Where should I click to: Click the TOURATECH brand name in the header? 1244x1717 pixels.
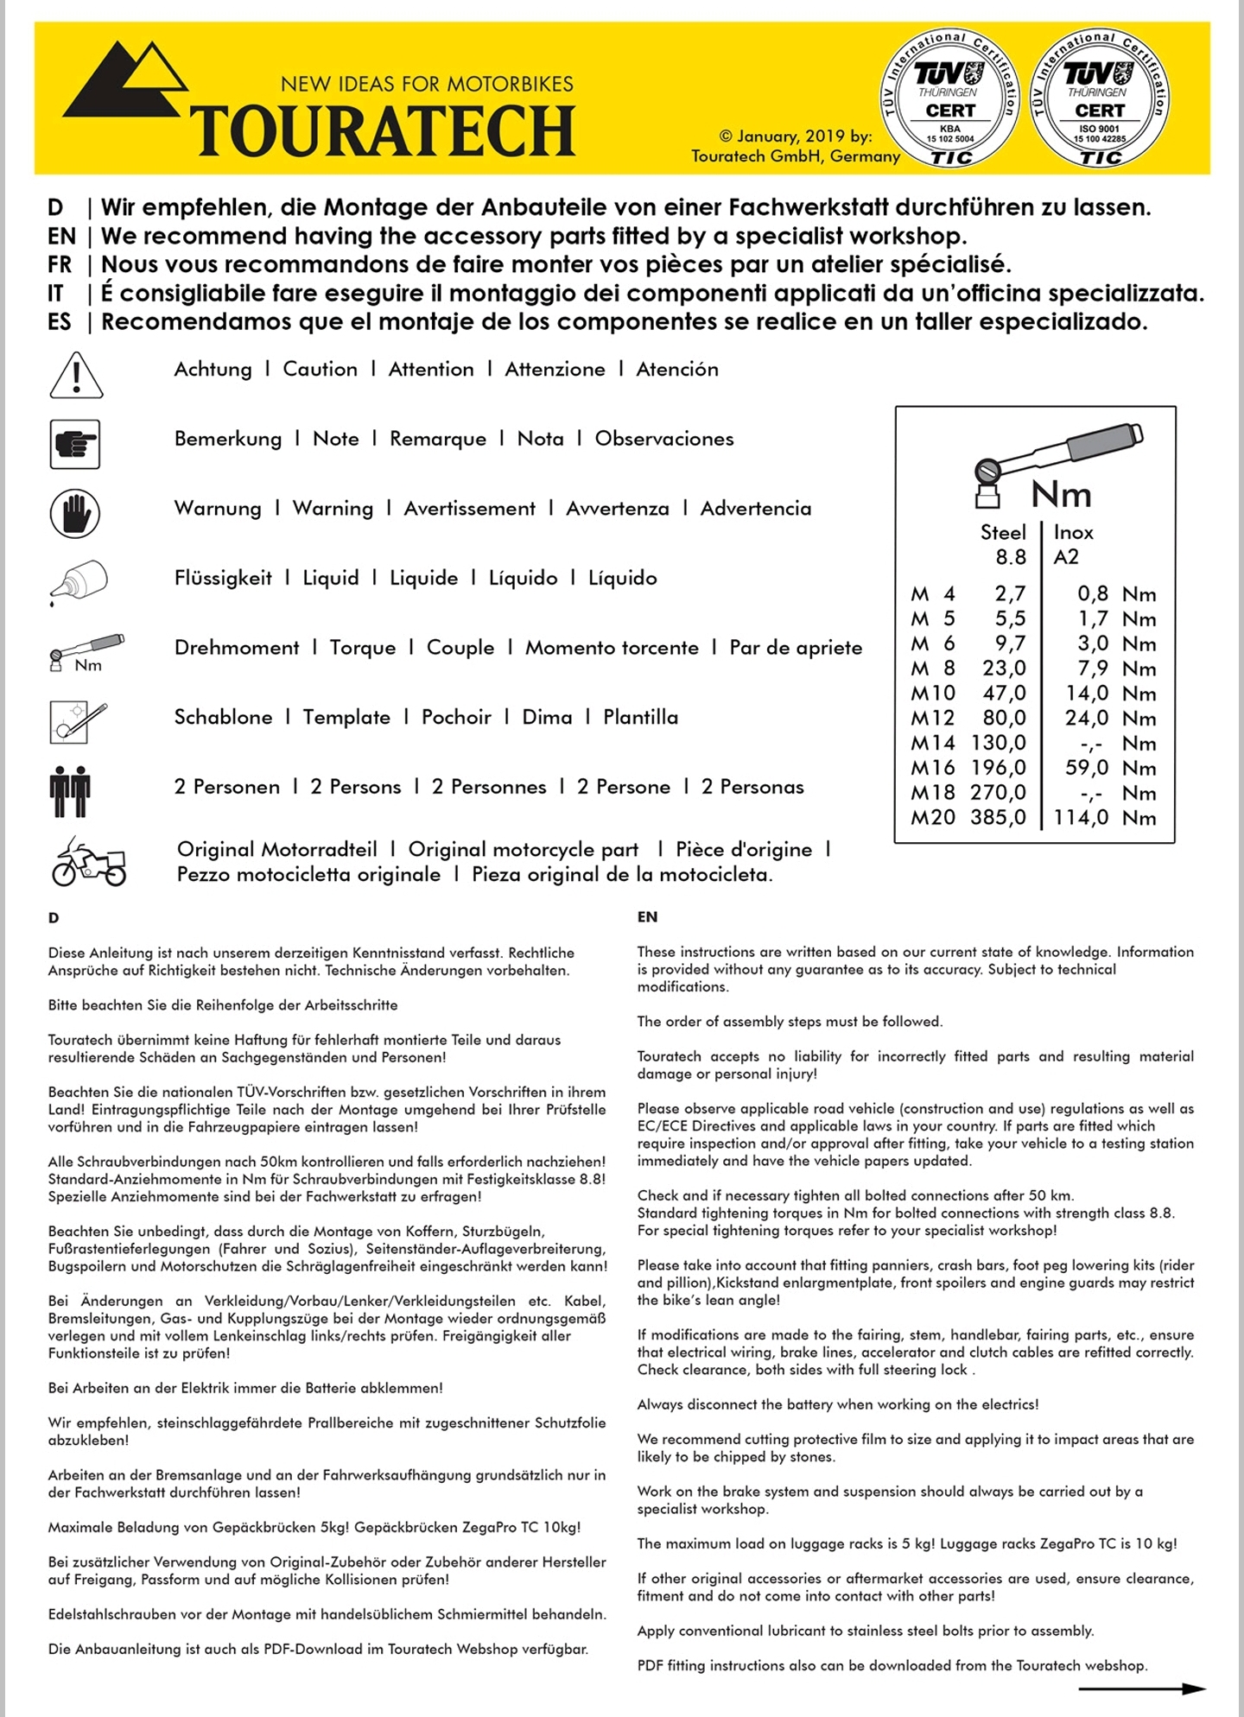click(383, 130)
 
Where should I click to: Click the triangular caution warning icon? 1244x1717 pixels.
click(76, 377)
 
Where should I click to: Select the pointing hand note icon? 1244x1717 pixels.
click(75, 444)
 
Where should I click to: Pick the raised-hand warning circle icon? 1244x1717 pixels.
click(75, 512)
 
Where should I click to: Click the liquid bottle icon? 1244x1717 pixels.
click(79, 581)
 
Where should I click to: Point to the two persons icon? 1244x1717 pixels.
click(70, 790)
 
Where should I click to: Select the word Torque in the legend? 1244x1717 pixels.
click(363, 648)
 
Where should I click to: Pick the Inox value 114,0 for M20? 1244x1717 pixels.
click(1081, 817)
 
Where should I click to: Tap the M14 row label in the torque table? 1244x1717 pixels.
click(933, 743)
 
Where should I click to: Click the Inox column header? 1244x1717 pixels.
click(1073, 532)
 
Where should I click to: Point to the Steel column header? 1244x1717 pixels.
click(1003, 532)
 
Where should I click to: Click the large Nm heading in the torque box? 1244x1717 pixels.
click(1061, 495)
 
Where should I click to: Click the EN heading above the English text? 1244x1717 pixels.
click(647, 917)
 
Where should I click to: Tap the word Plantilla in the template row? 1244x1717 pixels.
click(640, 717)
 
